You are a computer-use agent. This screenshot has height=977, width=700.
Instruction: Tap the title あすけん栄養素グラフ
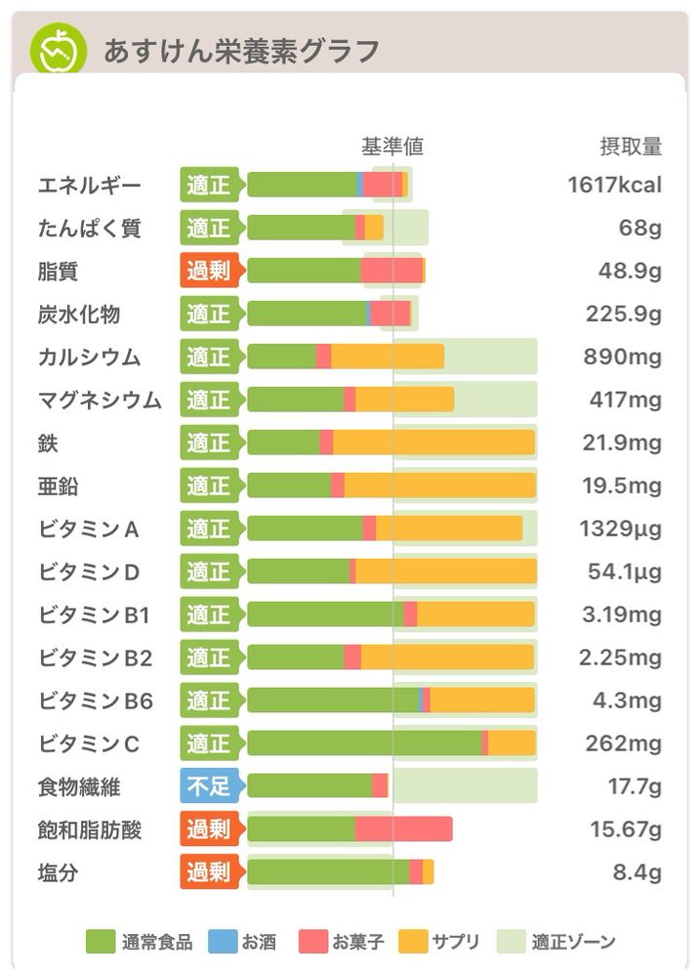point(241,50)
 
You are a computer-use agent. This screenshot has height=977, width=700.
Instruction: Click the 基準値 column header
point(392,147)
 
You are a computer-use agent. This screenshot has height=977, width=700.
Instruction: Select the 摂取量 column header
point(630,147)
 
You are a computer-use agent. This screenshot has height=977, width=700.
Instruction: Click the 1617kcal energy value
point(614,185)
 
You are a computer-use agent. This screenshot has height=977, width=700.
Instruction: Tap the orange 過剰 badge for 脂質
point(208,271)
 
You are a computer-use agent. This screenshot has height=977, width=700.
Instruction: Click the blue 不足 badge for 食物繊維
point(208,786)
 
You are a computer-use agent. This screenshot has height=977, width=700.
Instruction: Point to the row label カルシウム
point(89,357)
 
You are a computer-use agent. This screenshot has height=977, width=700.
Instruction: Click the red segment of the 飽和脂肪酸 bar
point(403,829)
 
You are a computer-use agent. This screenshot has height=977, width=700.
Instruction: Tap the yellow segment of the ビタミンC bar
point(512,743)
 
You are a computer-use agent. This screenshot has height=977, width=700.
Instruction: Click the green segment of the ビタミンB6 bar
point(332,701)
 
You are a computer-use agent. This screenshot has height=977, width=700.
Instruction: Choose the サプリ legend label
point(456,942)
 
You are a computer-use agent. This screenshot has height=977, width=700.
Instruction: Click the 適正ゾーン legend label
point(573,942)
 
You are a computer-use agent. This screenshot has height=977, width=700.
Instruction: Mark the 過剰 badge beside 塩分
point(208,871)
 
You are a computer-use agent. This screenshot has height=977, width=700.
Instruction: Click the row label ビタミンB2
point(96,658)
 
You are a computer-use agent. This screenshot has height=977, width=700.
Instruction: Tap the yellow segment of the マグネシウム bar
point(404,400)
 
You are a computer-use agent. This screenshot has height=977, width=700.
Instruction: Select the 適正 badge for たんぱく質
point(208,228)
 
